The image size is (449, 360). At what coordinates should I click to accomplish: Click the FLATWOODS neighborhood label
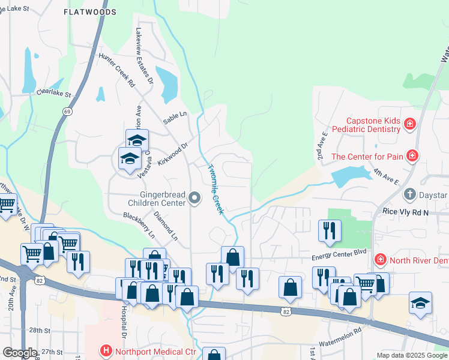(x=87, y=11)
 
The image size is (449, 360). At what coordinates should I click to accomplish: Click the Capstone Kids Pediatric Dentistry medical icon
(x=410, y=124)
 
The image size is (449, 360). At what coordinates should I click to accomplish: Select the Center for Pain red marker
(x=412, y=157)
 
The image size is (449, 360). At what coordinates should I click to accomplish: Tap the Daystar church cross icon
(x=409, y=194)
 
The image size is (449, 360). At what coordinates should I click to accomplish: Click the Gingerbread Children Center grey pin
(x=194, y=197)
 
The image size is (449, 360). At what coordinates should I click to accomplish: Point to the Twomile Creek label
(x=215, y=189)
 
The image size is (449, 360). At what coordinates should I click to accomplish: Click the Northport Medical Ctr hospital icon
(x=106, y=350)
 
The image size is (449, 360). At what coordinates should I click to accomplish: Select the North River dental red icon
(x=379, y=259)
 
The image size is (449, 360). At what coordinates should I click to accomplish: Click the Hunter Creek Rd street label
(x=116, y=70)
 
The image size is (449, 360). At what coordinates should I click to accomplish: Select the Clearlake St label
(x=53, y=94)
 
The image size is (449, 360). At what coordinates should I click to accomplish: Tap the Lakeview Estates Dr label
(x=144, y=55)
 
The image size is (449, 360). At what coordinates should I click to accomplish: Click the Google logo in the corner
(x=20, y=353)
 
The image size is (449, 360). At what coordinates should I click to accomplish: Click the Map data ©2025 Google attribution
(x=411, y=355)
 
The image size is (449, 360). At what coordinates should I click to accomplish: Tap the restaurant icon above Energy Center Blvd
(x=330, y=230)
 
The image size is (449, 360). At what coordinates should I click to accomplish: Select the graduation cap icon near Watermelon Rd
(x=420, y=302)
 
